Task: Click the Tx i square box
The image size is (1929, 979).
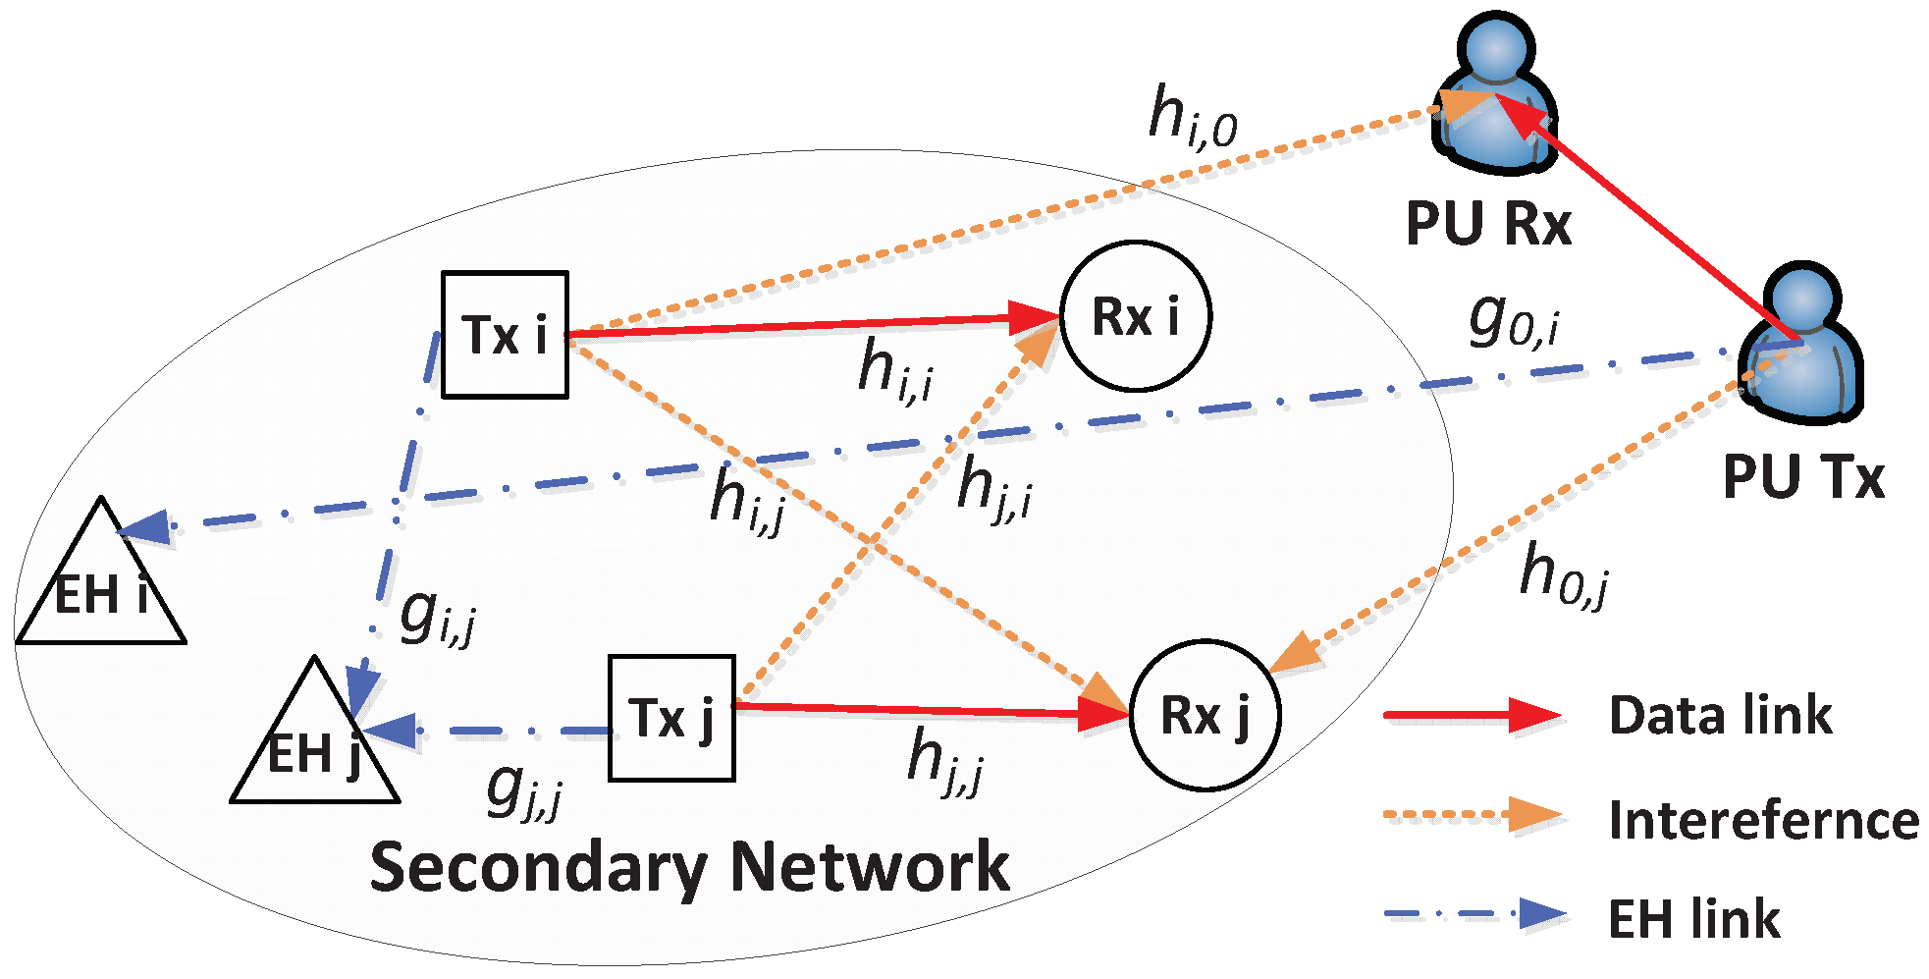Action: tap(505, 335)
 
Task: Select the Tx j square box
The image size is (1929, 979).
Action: tap(671, 718)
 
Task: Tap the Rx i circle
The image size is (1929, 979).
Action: tap(1136, 316)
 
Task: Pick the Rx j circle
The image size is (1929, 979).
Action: tap(1205, 715)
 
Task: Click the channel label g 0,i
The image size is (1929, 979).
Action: tap(1512, 321)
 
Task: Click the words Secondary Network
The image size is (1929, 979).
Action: tap(689, 867)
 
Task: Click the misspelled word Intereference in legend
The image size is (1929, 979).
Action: tap(1763, 820)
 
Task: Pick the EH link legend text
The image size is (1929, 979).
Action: tap(1693, 919)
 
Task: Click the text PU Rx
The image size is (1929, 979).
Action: tap(1488, 224)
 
